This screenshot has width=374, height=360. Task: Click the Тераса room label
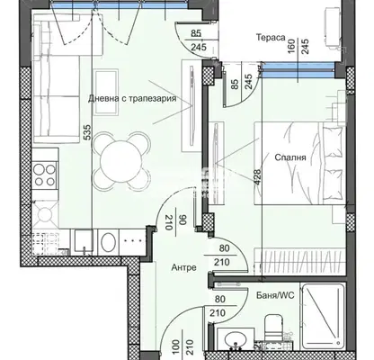pyautogui.click(x=271, y=38)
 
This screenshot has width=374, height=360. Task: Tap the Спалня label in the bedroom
pyautogui.click(x=290, y=157)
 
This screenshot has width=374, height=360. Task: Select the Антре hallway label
pyautogui.click(x=183, y=267)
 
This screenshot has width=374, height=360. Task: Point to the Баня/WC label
pyautogui.click(x=275, y=295)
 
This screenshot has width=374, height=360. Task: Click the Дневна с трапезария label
pyautogui.click(x=132, y=98)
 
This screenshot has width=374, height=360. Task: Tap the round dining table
pyautogui.click(x=120, y=161)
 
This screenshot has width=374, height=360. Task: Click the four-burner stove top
pyautogui.click(x=44, y=175)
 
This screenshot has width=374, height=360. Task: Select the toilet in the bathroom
pyautogui.click(x=273, y=328)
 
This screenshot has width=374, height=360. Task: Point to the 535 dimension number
pyautogui.click(x=87, y=132)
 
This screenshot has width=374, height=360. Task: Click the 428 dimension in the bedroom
pyautogui.click(x=257, y=177)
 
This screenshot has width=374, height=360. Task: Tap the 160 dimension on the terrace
pyautogui.click(x=291, y=46)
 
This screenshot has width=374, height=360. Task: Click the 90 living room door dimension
pyautogui.click(x=183, y=220)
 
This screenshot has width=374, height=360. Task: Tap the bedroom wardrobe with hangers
pyautogui.click(x=298, y=261)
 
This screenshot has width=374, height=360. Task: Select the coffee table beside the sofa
pyautogui.click(x=105, y=92)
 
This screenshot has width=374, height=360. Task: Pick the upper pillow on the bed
pyautogui.click(x=333, y=139)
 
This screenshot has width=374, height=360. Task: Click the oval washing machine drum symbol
pyautogui.click(x=108, y=243)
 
